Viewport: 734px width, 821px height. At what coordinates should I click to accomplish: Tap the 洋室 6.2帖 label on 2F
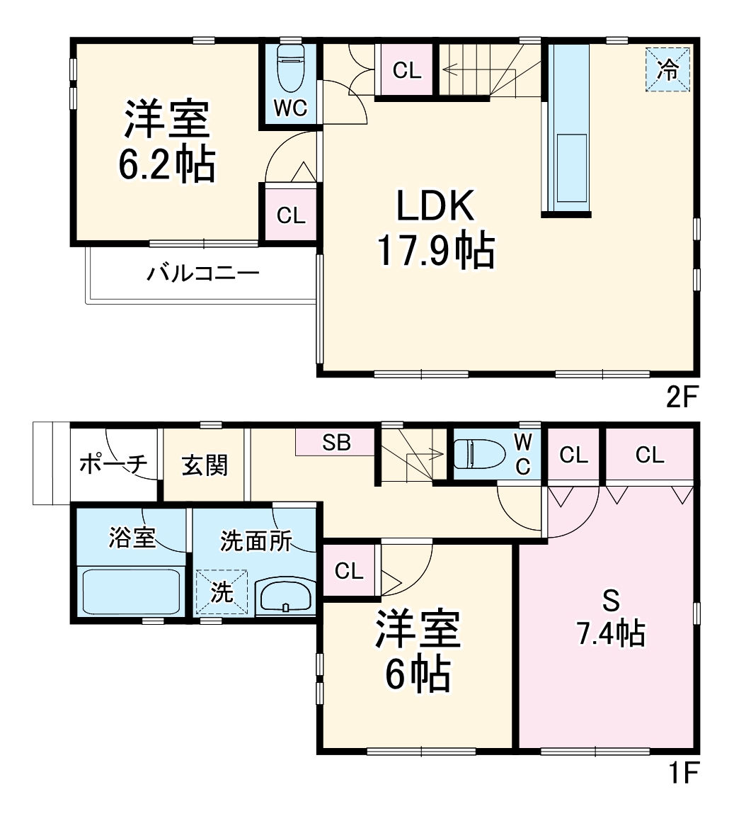[x=168, y=142]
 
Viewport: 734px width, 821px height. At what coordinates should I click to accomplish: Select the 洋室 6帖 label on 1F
[x=418, y=651]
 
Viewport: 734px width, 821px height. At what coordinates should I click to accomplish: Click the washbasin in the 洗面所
[x=285, y=596]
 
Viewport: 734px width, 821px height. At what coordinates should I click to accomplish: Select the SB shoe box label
[x=336, y=443]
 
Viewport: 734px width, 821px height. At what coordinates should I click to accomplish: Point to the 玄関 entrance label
[x=205, y=465]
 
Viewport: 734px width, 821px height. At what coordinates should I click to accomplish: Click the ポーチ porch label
[x=113, y=464]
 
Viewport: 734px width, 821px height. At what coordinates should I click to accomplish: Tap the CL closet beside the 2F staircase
[x=407, y=70]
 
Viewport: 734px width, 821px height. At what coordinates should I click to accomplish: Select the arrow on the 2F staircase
[x=460, y=69]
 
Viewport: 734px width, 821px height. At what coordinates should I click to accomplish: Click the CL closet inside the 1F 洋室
[x=349, y=572]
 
